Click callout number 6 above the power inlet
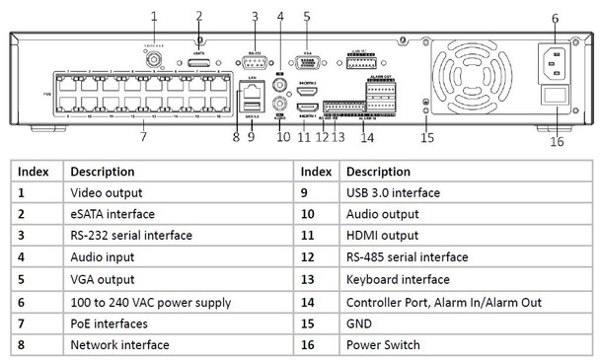[x=555, y=18]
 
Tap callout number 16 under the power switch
[x=556, y=141]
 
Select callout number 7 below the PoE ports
[x=143, y=137]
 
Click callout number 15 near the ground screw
[x=426, y=137]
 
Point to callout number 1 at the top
[x=154, y=16]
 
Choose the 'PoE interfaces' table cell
[x=109, y=324]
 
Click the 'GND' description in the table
[x=359, y=324]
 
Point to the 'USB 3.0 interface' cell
[x=393, y=192]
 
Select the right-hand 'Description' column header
[x=379, y=171]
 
